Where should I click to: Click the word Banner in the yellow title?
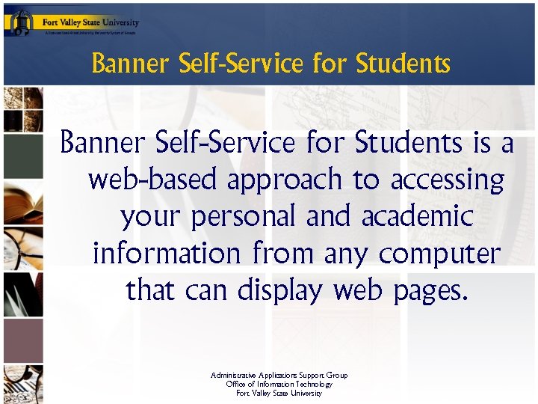point(131,64)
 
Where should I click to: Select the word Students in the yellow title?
point(403,64)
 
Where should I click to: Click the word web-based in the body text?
point(153,180)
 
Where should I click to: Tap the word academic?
point(417,217)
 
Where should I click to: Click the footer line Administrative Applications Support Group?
point(279,376)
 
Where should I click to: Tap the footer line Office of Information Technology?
point(279,384)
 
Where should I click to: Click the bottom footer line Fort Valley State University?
point(279,393)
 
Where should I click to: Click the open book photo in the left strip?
point(23,198)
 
